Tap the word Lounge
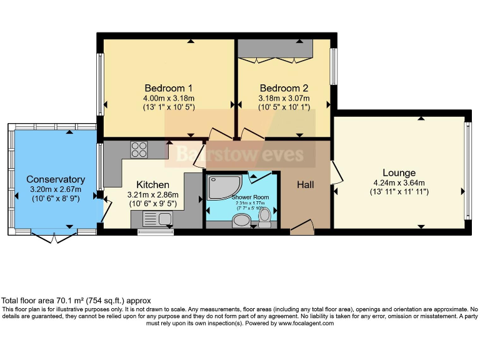click(x=399, y=172)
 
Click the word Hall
click(x=306, y=184)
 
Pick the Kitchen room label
click(x=152, y=184)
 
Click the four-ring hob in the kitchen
click(x=139, y=150)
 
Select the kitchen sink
click(x=165, y=219)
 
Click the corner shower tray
click(x=221, y=186)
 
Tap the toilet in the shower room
click(x=265, y=217)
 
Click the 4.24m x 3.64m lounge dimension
click(x=399, y=183)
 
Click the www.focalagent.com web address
click(x=306, y=323)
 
